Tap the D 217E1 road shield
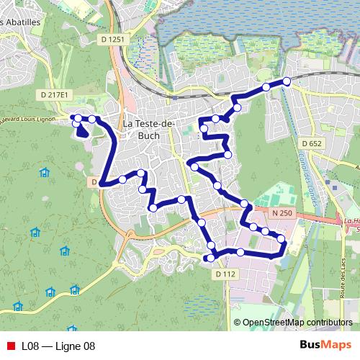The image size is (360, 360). pos(55,94)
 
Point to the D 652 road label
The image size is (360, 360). pos(312,144)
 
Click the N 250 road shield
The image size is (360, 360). pos(282,213)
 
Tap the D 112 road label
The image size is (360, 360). pos(225,274)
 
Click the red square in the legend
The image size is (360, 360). pos(10,346)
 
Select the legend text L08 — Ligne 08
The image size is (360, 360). pos(58,346)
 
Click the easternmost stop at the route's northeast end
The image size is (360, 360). pos(287,81)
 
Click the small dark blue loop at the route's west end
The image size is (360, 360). pos(81,130)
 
